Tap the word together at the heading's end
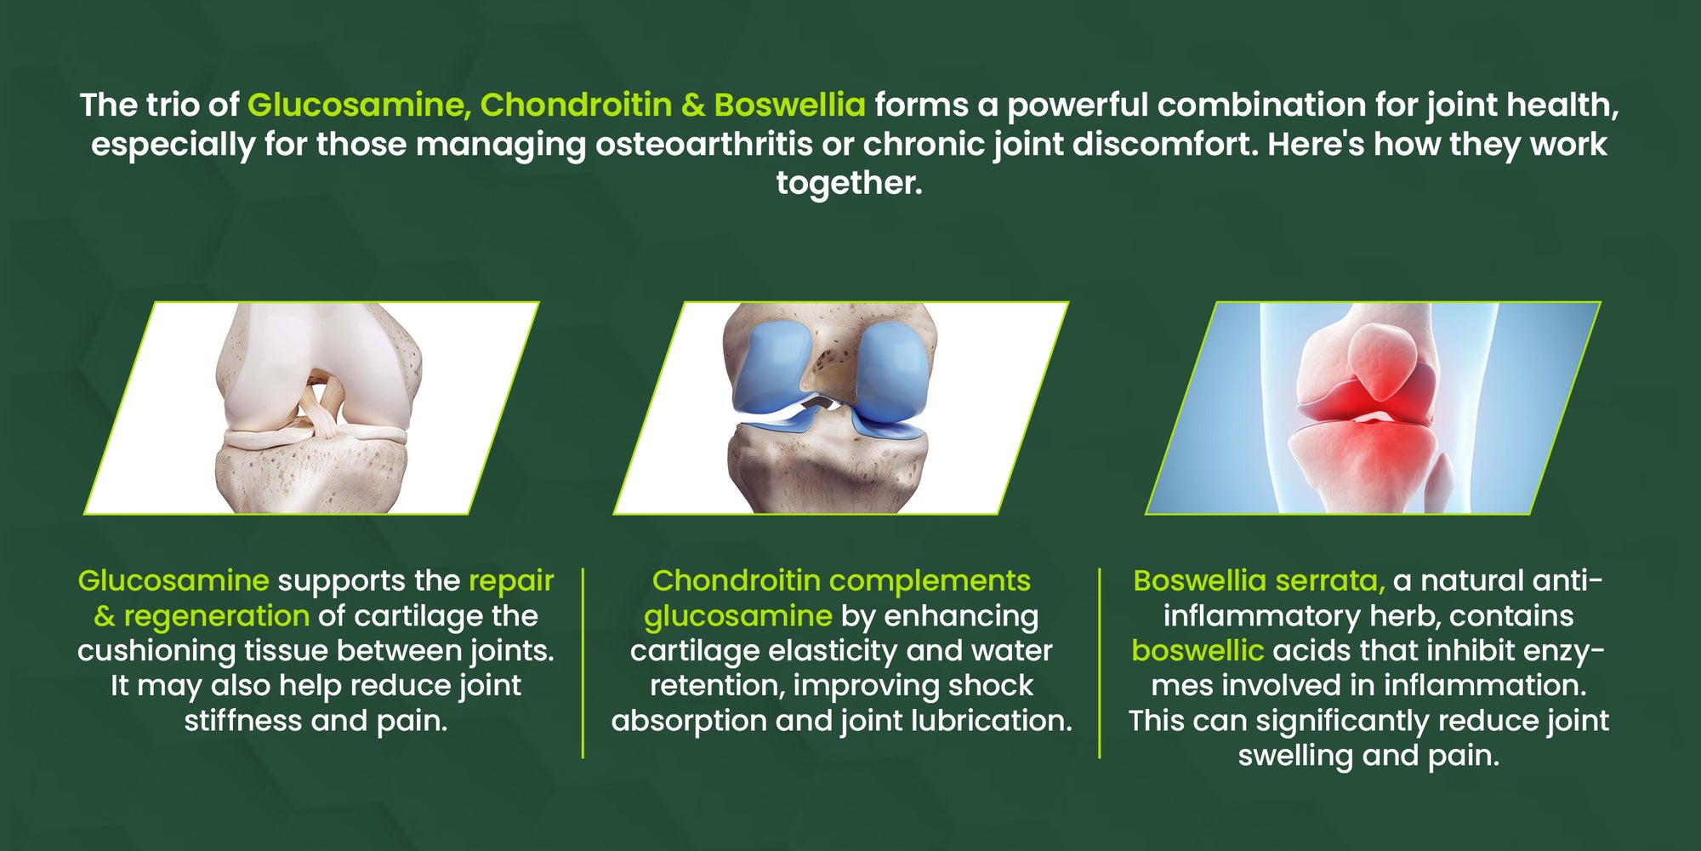click(x=849, y=183)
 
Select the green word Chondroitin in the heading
click(x=576, y=105)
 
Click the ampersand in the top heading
click(x=693, y=105)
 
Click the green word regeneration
click(x=216, y=616)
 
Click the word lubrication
click(x=991, y=721)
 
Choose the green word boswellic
click(x=1198, y=651)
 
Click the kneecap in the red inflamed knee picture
click(x=1385, y=357)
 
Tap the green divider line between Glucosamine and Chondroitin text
click(x=583, y=663)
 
